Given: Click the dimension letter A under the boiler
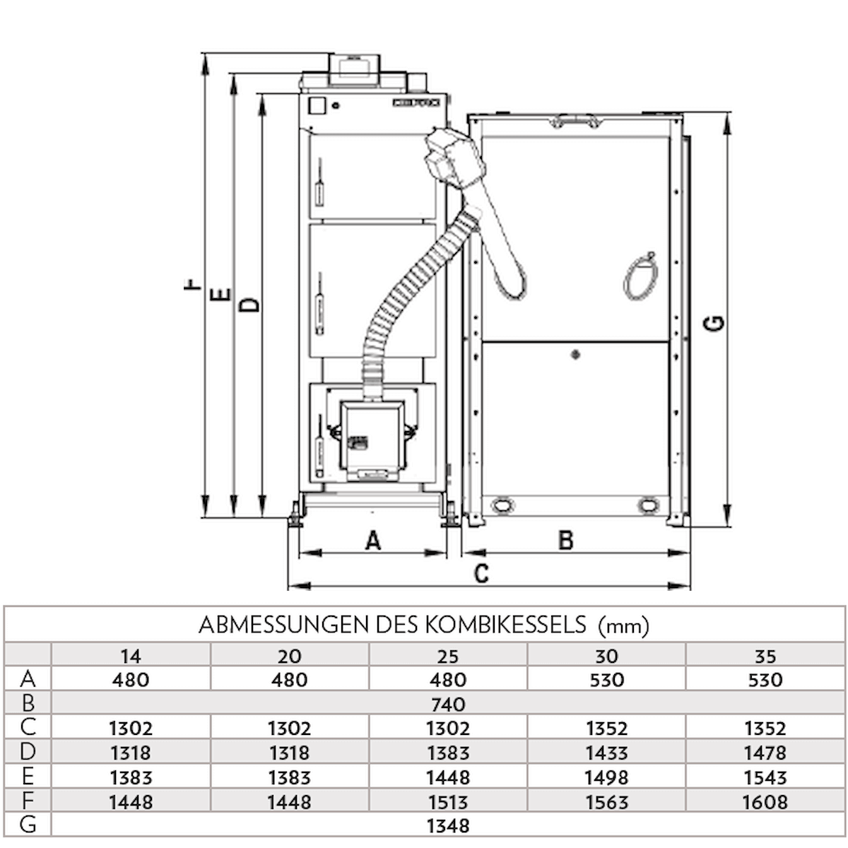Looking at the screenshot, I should pyautogui.click(x=373, y=541).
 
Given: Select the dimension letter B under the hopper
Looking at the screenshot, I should pyautogui.click(x=565, y=541).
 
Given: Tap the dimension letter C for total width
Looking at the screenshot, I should pyautogui.click(x=481, y=573).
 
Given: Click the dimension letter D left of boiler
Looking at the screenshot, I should pyautogui.click(x=249, y=305).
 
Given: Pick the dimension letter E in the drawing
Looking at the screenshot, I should pyautogui.click(x=221, y=294).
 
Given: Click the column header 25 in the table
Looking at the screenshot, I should pyautogui.click(x=448, y=656).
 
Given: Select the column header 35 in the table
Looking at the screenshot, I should pyautogui.click(x=765, y=656).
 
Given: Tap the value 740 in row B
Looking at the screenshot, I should pyautogui.click(x=448, y=704).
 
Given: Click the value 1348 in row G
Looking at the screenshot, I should pyautogui.click(x=448, y=825).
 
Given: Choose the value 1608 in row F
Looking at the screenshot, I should pyautogui.click(x=765, y=801).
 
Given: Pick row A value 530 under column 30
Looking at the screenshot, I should pyautogui.click(x=606, y=680).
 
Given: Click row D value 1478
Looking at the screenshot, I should pyautogui.click(x=765, y=753).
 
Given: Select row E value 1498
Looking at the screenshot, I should pyautogui.click(x=606, y=777).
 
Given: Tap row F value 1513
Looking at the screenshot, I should pyautogui.click(x=448, y=801).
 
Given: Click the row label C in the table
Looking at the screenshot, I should pyautogui.click(x=28, y=727).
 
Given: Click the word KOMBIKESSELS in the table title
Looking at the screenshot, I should pyautogui.click(x=507, y=625).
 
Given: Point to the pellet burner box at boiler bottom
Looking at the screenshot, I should pyautogui.click(x=371, y=438).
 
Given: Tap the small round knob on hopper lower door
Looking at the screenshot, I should pyautogui.click(x=575, y=354).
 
